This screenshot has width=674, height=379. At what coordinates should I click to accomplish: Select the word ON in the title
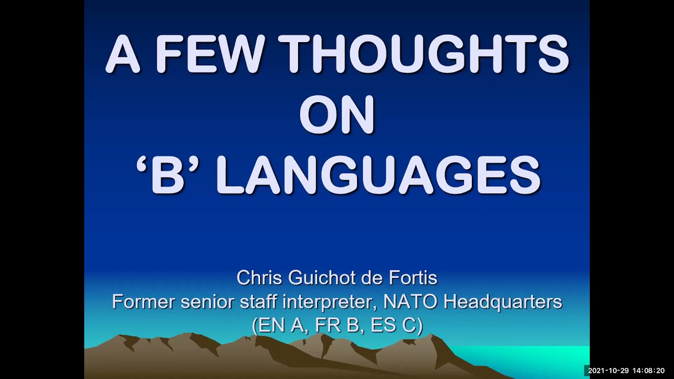click(x=337, y=114)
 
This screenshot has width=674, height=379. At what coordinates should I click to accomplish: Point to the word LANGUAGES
click(x=378, y=175)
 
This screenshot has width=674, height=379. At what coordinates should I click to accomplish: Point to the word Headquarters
click(x=503, y=302)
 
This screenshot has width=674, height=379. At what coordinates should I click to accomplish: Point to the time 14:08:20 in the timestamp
click(x=649, y=371)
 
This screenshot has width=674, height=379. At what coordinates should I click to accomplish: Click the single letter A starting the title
click(x=122, y=55)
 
